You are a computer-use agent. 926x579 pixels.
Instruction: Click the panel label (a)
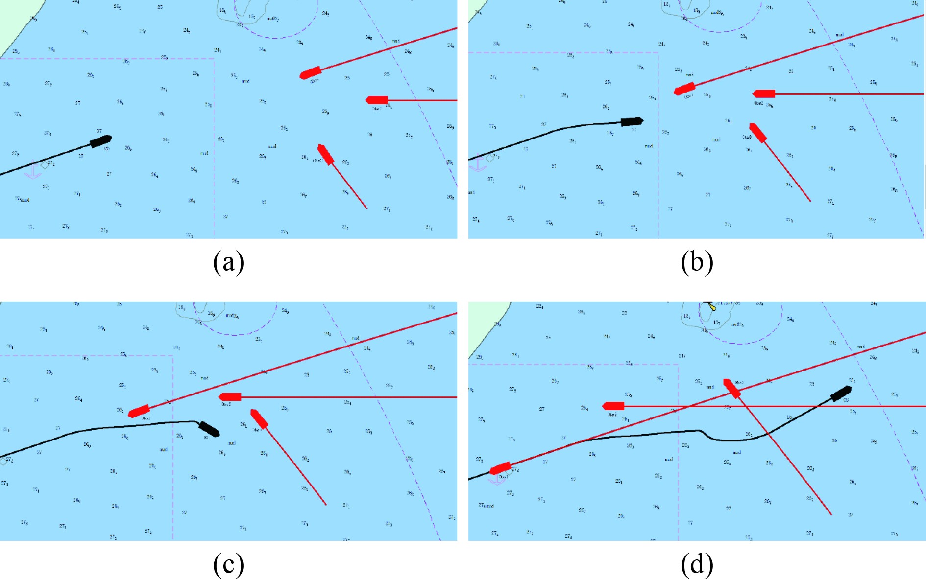tap(228, 262)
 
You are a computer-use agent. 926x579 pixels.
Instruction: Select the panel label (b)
tap(697, 262)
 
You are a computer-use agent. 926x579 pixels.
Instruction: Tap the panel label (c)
tap(228, 564)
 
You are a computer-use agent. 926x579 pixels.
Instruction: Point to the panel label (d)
tap(697, 564)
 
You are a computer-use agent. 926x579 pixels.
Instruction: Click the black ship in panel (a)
tap(101, 141)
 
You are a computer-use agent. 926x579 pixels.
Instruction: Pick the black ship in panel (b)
tap(632, 121)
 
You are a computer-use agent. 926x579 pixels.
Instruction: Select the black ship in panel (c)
tap(209, 429)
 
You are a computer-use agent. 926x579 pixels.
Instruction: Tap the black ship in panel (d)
tap(841, 393)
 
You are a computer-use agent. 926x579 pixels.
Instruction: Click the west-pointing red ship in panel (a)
tap(377, 100)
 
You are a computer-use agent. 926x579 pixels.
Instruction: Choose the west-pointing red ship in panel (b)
tap(764, 93)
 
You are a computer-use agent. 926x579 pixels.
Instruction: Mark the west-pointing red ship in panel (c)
tap(230, 396)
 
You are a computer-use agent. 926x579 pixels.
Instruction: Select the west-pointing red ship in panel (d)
tap(613, 406)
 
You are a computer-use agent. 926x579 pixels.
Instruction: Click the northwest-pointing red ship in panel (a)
tap(326, 155)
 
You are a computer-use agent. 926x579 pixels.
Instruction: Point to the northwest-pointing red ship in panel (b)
tap(758, 133)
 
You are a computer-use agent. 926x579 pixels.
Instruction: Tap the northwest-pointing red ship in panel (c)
tap(259, 419)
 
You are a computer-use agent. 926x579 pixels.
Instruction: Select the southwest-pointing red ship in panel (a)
tap(310, 73)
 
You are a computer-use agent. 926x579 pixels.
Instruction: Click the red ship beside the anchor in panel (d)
tap(500, 468)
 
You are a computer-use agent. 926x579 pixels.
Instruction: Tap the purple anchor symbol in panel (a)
tap(33, 171)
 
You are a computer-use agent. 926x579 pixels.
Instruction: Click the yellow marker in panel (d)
tap(712, 307)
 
